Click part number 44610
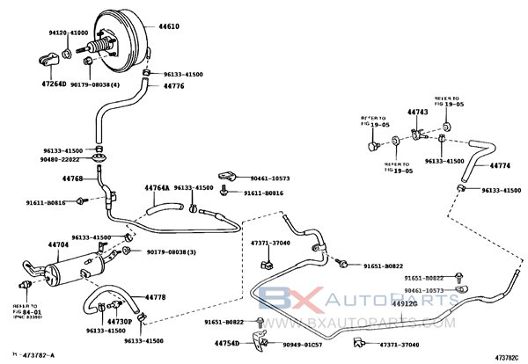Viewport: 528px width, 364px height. (x=169, y=27)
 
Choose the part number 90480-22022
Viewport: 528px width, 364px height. (x=60, y=159)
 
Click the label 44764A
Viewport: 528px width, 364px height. (x=156, y=187)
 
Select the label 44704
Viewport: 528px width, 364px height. (x=58, y=244)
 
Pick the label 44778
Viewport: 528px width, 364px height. (x=155, y=297)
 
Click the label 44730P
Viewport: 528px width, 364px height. (x=119, y=322)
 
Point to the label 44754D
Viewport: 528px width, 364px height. (x=227, y=344)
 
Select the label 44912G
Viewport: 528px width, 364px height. (x=405, y=304)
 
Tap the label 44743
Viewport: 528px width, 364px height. (x=417, y=113)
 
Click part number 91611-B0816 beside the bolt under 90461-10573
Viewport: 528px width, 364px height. (x=263, y=193)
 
